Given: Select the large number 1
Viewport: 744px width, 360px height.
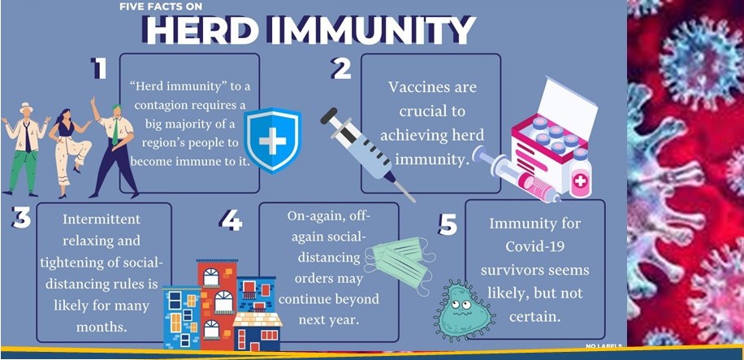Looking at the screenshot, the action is coord(99,69).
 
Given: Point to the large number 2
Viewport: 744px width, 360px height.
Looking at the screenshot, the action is coord(341,69).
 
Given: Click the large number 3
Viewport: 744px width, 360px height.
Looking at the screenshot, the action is coord(21,218).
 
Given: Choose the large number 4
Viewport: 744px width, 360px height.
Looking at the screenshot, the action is coord(231,221).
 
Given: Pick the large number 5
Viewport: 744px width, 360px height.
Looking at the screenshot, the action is coord(448,224).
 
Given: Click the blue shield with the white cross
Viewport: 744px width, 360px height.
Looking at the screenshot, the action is coord(273,141).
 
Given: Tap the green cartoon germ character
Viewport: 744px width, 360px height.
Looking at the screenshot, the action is coord(464,310).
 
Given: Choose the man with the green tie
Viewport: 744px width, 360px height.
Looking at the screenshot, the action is coord(114,147).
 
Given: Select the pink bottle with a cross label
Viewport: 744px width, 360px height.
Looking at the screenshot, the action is coord(580,173).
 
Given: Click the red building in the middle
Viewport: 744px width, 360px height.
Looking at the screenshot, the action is coord(217,299).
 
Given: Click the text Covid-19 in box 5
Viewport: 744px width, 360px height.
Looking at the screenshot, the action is coord(536,246).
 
